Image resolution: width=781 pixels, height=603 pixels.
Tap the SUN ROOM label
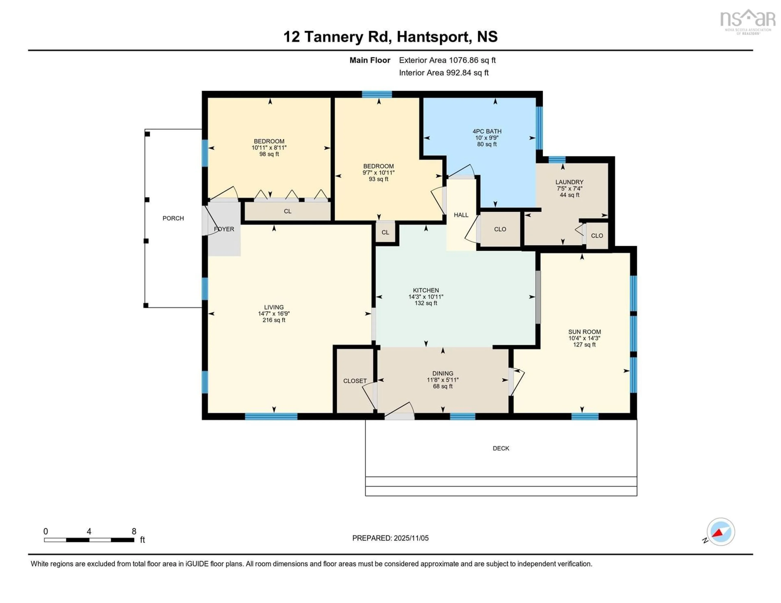pyautogui.click(x=584, y=332)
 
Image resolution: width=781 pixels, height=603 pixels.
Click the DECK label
pyautogui.click(x=501, y=448)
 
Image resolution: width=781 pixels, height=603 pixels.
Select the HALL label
pyautogui.click(x=461, y=215)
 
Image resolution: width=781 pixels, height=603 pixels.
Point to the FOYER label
pyautogui.click(x=224, y=229)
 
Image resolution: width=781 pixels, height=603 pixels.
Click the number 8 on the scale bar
pyautogui.click(x=134, y=531)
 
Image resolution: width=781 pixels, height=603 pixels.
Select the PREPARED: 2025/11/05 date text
pyautogui.click(x=390, y=538)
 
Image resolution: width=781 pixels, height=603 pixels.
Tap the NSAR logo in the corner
pyautogui.click(x=747, y=21)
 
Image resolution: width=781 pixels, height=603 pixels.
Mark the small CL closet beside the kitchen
pyautogui.click(x=385, y=232)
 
